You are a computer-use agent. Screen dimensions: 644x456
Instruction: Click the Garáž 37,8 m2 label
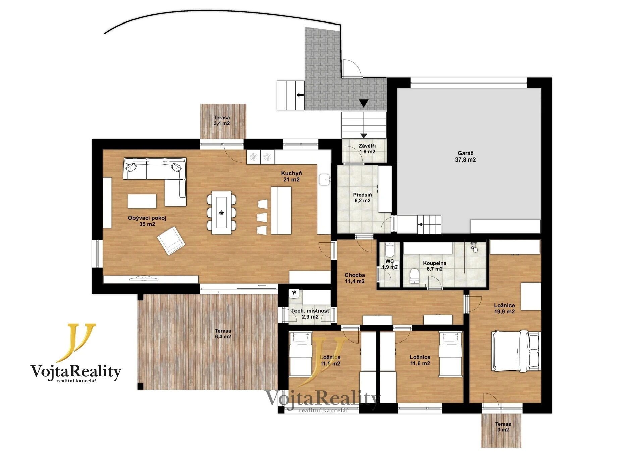point(465,156)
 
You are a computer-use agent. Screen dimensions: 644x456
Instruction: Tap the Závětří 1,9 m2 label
point(367,149)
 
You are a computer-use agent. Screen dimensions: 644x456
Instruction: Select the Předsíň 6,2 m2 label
point(362,198)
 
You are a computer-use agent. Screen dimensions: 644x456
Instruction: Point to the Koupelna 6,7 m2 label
point(434,266)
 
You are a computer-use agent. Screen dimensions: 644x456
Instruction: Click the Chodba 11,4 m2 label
point(355,278)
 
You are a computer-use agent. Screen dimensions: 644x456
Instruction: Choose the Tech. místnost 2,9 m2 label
point(310,314)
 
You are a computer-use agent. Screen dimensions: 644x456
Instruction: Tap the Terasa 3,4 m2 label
point(222,120)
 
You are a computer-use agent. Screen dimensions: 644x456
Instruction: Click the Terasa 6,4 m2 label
point(223,334)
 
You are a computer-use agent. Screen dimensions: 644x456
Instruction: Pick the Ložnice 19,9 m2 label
point(504,308)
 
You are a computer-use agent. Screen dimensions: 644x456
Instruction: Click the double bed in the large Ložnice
point(516,351)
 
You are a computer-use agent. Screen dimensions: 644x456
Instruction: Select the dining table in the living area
point(221,213)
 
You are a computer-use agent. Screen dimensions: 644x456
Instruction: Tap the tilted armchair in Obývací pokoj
point(171,240)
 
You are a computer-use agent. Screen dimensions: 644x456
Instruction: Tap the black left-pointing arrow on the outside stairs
point(300,95)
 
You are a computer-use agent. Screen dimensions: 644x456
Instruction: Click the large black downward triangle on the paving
point(364,103)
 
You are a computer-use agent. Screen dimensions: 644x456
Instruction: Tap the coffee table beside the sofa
point(142,201)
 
